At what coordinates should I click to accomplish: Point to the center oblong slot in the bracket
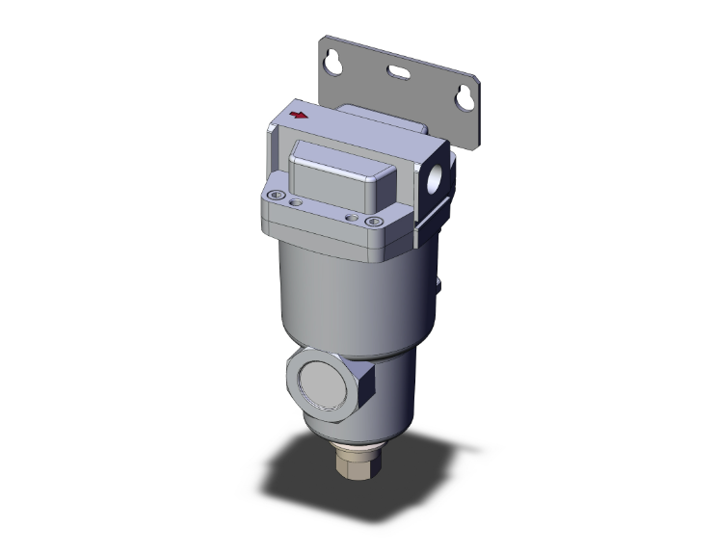(401, 70)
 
